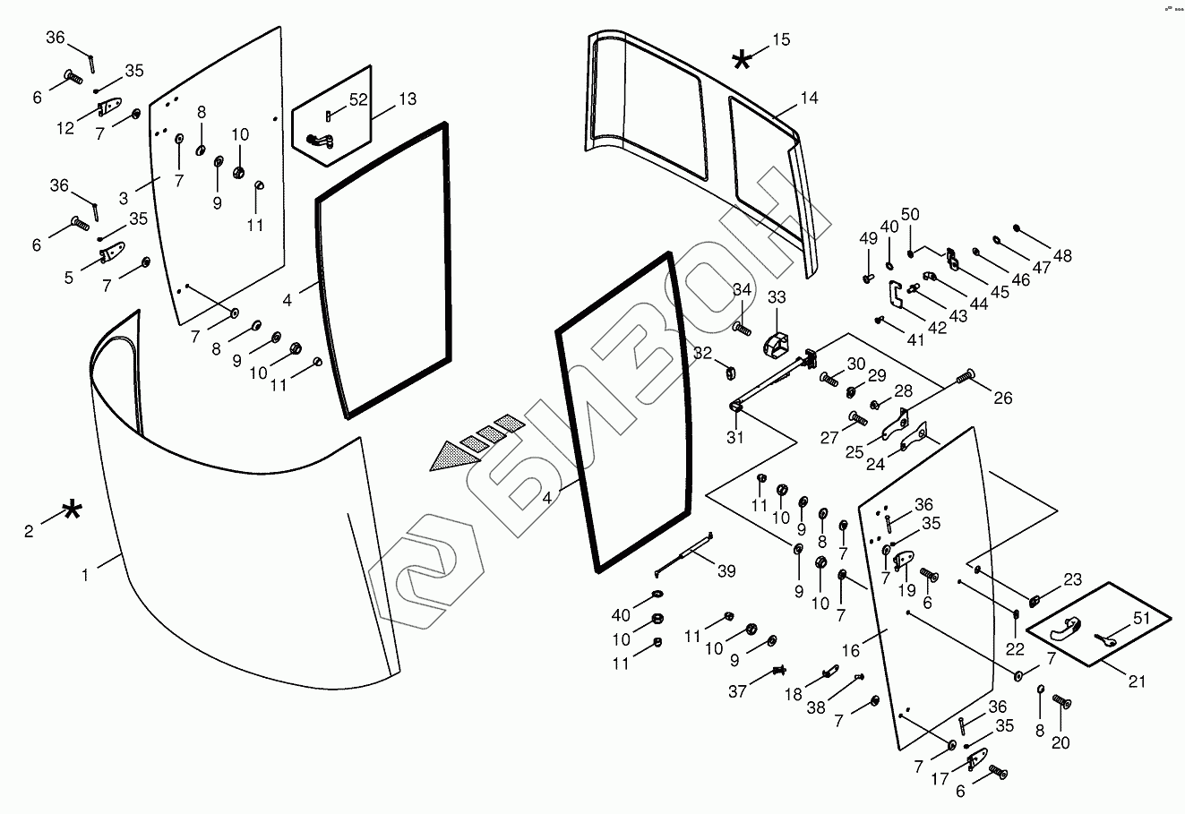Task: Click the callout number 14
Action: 809,99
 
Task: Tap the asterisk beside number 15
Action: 742,60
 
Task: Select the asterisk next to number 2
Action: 72,512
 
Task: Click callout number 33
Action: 776,297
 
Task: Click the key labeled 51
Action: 1107,639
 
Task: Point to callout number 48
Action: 1062,256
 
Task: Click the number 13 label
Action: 408,99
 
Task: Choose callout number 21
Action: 1137,681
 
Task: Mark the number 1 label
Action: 86,576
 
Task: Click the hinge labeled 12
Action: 109,107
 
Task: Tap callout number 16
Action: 851,650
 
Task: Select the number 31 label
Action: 734,438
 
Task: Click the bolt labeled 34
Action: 742,329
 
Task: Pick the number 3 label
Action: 124,197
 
